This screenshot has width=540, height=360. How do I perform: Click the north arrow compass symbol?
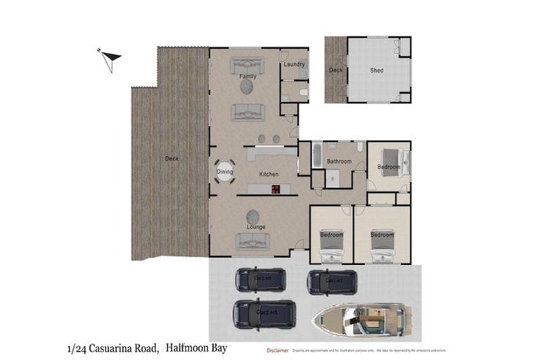tap(110, 60)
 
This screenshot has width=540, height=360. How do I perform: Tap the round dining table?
tap(225, 171)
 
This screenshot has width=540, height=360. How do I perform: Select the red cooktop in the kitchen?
tap(275, 188)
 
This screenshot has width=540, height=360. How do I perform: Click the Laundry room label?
tap(294, 65)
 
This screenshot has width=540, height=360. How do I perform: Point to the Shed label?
tap(377, 70)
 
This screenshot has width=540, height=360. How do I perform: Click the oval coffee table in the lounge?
tap(252, 216)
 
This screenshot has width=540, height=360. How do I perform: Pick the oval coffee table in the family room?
tap(247, 86)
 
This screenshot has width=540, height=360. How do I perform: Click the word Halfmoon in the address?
tap(190, 348)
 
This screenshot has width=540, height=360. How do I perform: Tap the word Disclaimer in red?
tap(277, 349)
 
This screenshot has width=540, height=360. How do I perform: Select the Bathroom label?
tap(338, 162)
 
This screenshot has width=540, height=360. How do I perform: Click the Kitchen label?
tap(269, 174)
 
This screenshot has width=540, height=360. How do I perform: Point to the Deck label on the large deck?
tap(172, 159)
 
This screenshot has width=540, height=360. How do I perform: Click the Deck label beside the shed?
tap(335, 70)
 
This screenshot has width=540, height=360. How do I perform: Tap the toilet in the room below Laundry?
tap(302, 91)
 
